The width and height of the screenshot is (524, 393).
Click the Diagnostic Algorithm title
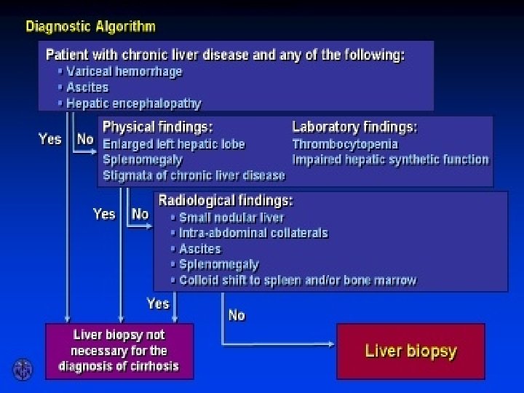[x=90, y=27]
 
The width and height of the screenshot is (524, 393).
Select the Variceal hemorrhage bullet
[x=124, y=71]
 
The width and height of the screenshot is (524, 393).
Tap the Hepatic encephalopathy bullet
[x=133, y=103]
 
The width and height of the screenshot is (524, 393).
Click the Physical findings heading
[x=157, y=127]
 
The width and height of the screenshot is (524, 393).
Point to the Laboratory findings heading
[x=354, y=127]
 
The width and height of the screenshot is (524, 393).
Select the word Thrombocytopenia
[x=345, y=143]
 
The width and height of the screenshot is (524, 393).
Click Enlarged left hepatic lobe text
[x=174, y=143]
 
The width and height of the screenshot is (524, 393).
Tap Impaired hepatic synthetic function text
[x=390, y=159]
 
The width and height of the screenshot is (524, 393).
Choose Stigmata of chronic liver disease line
[x=194, y=175]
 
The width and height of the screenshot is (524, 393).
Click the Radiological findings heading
[x=225, y=199]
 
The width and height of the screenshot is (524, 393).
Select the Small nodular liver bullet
[x=231, y=217]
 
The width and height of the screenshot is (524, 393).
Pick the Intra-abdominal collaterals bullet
[x=253, y=233]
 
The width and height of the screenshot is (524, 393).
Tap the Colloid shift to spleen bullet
[x=298, y=280]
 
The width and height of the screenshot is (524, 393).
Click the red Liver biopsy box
[x=410, y=352]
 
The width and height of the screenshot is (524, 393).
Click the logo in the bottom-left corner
[x=23, y=369]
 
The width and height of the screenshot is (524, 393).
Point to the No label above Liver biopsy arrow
[x=237, y=315]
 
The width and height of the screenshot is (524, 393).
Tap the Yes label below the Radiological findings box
[x=158, y=303]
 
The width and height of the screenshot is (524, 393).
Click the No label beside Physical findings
[x=85, y=138]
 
